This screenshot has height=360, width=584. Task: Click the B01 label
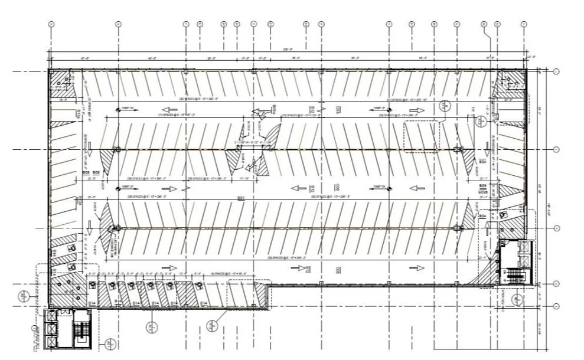point(241,198)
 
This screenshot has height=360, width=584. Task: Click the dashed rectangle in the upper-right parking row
point(422,136)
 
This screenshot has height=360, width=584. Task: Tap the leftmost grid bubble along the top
point(51,24)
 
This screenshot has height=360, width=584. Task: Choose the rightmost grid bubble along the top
point(524,24)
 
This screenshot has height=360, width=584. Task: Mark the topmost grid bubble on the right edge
point(556,72)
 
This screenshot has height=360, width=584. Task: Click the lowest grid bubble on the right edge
point(556,306)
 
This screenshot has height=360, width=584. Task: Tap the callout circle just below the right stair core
point(518,299)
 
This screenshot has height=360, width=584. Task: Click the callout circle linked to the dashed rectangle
point(445,107)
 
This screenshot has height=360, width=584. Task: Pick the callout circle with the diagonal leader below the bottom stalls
point(213,323)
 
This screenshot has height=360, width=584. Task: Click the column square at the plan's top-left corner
point(51,71)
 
